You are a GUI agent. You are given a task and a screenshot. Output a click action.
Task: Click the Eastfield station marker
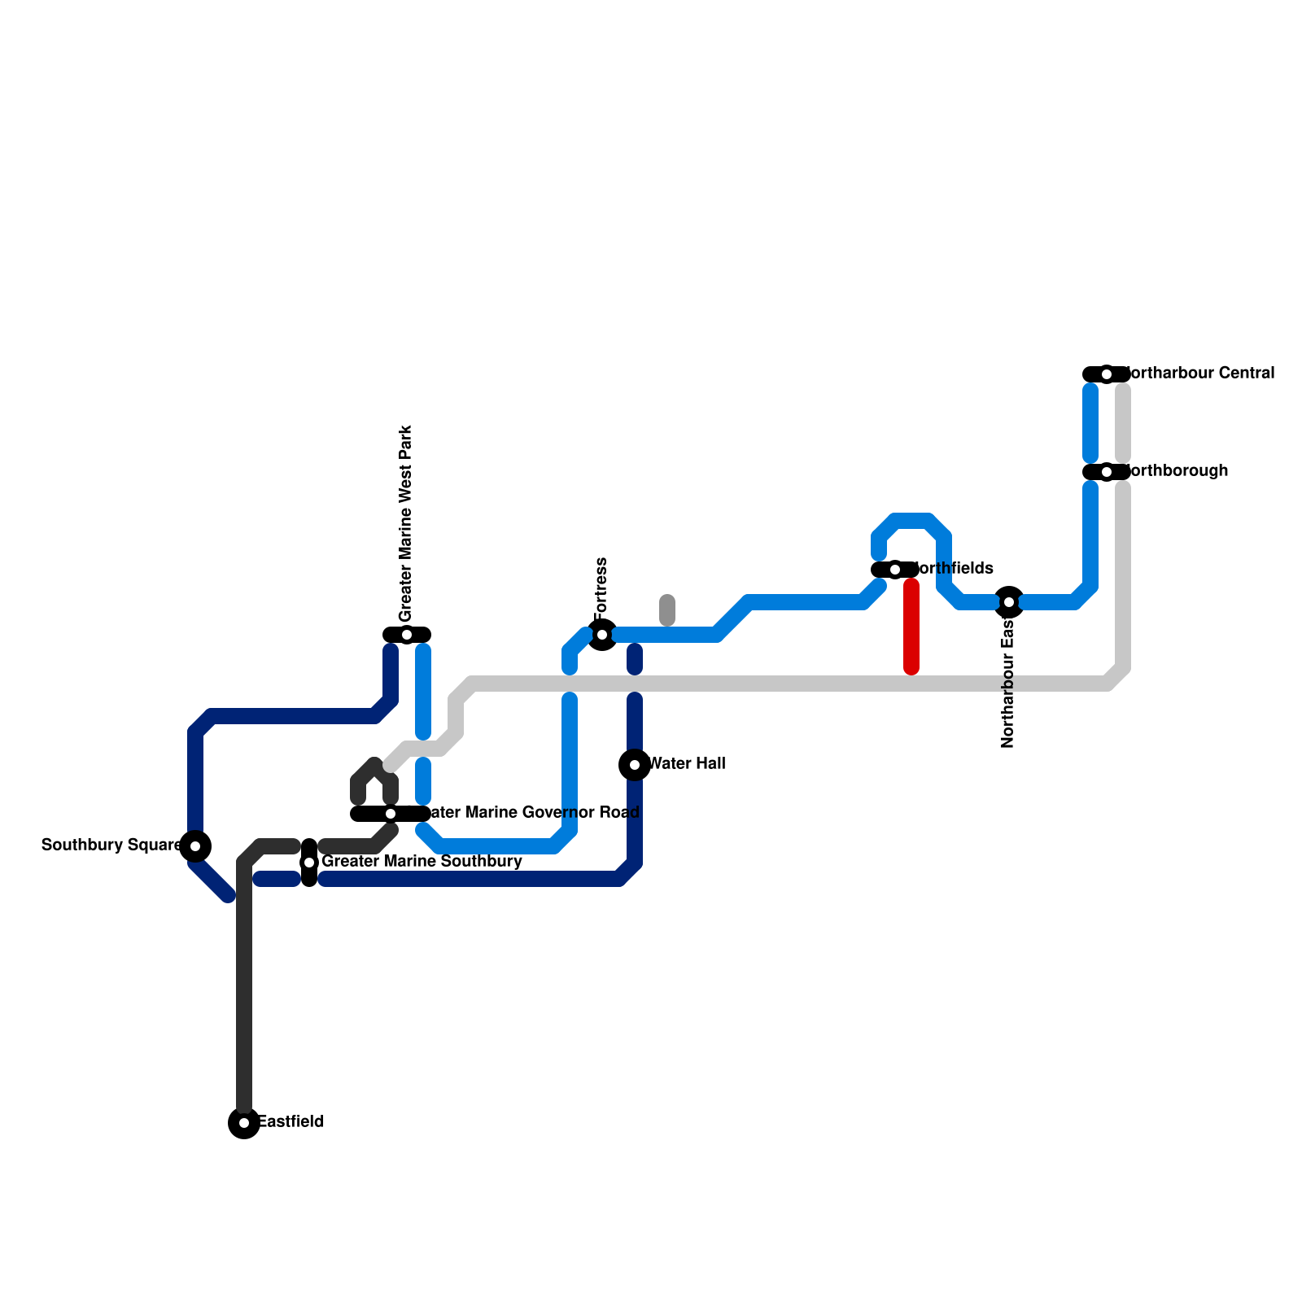coord(244,1123)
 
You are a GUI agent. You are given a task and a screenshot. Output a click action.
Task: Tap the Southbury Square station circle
coord(195,846)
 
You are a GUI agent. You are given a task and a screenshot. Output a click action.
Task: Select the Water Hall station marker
coord(635,765)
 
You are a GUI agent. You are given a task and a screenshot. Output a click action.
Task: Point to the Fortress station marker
coord(602,635)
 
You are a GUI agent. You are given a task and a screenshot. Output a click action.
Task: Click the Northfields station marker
coord(895,570)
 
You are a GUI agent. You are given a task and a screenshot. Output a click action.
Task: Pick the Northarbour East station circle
coord(1009,602)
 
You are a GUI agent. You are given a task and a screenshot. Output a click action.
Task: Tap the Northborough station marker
coord(1107,472)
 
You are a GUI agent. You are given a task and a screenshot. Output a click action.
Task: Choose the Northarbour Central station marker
coord(1107,374)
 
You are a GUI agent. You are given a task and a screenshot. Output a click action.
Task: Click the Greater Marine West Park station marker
coord(407,635)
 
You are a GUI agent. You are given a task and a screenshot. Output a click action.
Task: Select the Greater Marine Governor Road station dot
coord(391,814)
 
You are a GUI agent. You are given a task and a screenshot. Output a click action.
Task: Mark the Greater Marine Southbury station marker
coord(309,863)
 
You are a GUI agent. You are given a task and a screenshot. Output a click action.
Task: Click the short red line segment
coord(911,627)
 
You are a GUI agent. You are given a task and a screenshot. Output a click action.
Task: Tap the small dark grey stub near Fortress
coord(667,610)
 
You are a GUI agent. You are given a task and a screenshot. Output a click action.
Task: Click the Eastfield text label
coord(291,1122)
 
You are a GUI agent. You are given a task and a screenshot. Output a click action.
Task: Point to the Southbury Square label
coord(111,845)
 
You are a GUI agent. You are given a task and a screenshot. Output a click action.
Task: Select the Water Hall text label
coord(688,764)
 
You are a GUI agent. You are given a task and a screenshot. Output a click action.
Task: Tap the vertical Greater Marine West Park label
coord(407,522)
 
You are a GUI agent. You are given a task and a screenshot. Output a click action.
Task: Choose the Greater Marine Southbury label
coord(422,862)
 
